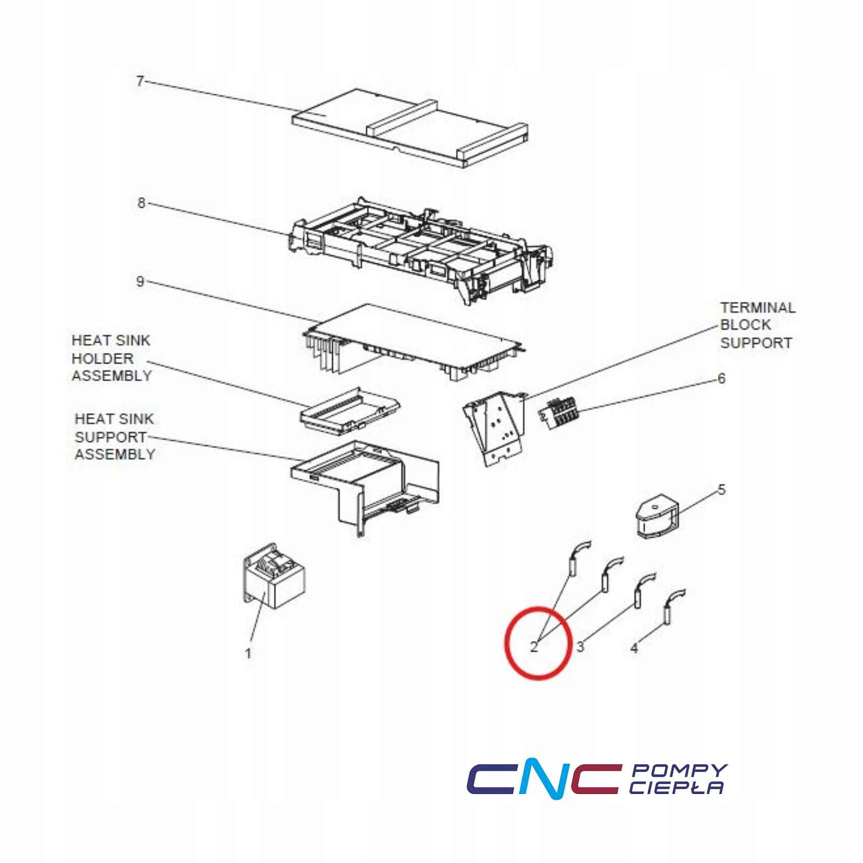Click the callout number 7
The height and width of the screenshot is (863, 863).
coord(140,81)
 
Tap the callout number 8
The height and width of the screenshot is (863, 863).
coord(141,203)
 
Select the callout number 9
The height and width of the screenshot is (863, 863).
coord(140,282)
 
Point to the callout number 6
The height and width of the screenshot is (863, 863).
coord(722,378)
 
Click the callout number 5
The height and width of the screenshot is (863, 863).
coord(722,490)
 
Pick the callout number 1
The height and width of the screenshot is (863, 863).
coord(248,654)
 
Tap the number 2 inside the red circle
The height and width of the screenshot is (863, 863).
coord(534,647)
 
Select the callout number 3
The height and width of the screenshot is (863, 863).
coord(580,647)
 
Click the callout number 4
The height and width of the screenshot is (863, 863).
coord(634,648)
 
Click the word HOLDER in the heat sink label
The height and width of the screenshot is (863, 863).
coord(102,358)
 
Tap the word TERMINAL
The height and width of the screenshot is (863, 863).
coord(758,307)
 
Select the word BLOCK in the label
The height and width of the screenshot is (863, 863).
coord(745,325)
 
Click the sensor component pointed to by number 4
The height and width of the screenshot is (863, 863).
coord(672,607)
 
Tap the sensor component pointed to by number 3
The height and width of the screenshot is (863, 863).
coord(643,591)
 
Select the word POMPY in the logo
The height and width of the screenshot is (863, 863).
coord(679,770)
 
